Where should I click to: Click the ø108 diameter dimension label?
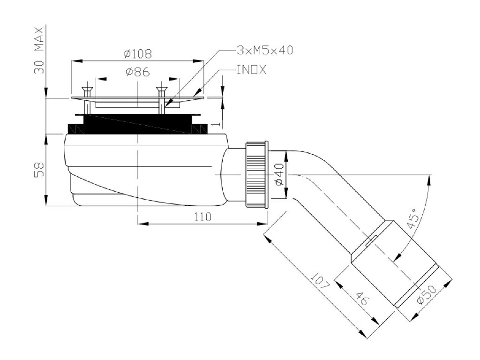pos(138,54)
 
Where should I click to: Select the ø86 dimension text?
pos(137,72)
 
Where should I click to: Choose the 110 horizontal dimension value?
pos(202,217)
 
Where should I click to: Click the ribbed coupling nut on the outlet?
pos(255,174)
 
